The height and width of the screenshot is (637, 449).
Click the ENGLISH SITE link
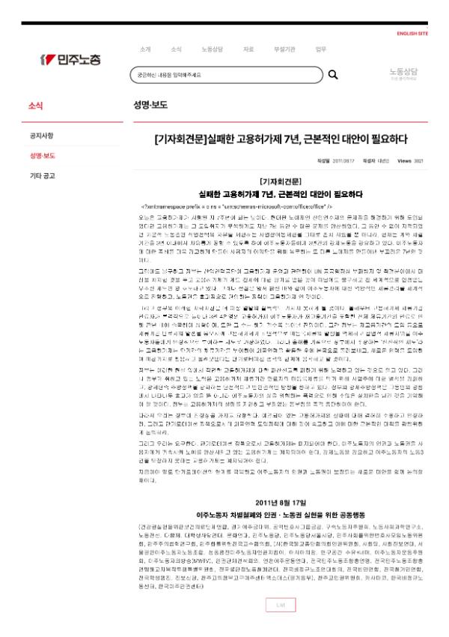[x=412, y=33]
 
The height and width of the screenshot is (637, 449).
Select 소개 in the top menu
[x=144, y=49]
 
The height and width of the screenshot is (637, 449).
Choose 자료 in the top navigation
[x=248, y=49]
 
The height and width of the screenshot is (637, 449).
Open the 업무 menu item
[x=320, y=49]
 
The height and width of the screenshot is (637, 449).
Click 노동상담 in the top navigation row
[x=212, y=49]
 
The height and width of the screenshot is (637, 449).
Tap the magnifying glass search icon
[x=333, y=75]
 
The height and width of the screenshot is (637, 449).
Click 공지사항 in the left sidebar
[x=41, y=136]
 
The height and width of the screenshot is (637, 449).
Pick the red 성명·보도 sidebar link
[x=42, y=156]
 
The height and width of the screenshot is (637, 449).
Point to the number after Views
[x=419, y=160]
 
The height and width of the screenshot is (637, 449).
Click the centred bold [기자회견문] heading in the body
[x=280, y=181]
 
